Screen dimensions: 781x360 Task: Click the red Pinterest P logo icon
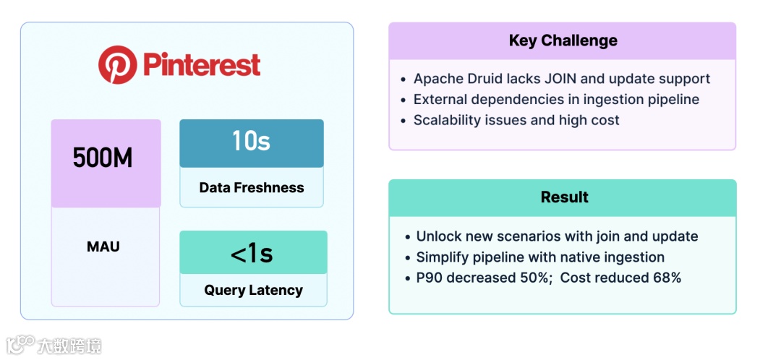pyautogui.click(x=117, y=65)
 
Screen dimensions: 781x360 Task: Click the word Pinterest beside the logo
pyautogui.click(x=202, y=65)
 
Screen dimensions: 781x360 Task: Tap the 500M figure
pyautogui.click(x=103, y=158)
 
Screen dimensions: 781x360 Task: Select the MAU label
pyautogui.click(x=103, y=247)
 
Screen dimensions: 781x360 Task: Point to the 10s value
pyautogui.click(x=251, y=141)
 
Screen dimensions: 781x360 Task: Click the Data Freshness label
pyautogui.click(x=252, y=188)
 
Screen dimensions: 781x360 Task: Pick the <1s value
pyautogui.click(x=252, y=254)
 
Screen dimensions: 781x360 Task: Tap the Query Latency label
pyautogui.click(x=253, y=291)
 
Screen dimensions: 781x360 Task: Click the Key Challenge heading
pyautogui.click(x=563, y=40)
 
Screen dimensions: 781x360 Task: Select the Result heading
pyautogui.click(x=564, y=197)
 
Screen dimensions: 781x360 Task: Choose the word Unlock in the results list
pyautogui.click(x=438, y=236)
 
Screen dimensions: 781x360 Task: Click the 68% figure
pyautogui.click(x=665, y=278)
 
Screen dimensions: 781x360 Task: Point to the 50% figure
pyautogui.click(x=533, y=278)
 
